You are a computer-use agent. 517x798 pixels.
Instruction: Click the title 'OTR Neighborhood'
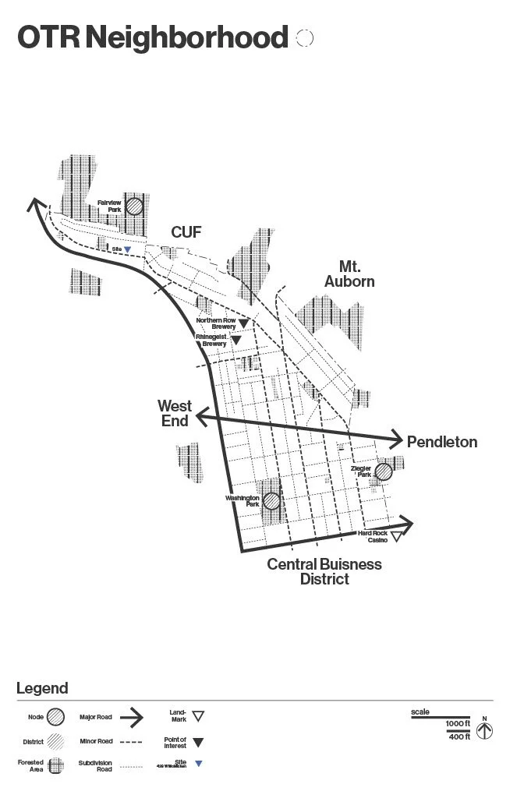[x=152, y=37]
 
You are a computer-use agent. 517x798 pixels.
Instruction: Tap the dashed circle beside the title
[x=305, y=37]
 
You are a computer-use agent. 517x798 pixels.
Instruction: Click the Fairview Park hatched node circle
[x=135, y=206]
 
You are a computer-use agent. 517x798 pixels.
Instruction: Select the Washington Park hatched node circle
[x=271, y=501]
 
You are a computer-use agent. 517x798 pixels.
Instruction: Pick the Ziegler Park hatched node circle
[x=383, y=471]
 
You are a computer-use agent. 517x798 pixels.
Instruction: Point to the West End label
[x=175, y=413]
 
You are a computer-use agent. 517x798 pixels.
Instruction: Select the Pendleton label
[x=442, y=442]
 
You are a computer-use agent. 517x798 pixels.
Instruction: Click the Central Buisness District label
[x=324, y=571]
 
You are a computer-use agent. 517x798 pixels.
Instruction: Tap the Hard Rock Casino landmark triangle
[x=396, y=537]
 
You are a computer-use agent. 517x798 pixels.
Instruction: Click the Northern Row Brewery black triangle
[x=243, y=323]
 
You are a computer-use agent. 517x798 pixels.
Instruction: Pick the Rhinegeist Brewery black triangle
[x=235, y=341]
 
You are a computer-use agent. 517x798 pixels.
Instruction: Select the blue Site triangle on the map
[x=127, y=249]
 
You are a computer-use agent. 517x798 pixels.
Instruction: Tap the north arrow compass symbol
[x=484, y=732]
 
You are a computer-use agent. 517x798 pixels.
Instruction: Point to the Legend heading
[x=42, y=688]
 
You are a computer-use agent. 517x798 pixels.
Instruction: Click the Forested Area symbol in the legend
[x=55, y=765]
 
